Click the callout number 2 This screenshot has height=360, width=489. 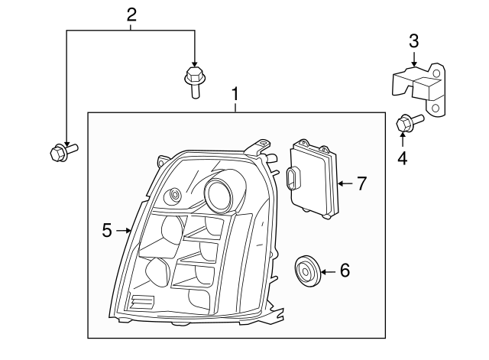(131, 14)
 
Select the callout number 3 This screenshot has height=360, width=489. (413, 40)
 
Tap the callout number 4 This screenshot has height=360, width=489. (402, 158)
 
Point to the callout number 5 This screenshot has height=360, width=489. (108, 229)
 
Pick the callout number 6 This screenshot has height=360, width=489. (345, 270)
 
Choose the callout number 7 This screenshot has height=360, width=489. (361, 183)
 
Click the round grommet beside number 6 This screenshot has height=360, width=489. (307, 271)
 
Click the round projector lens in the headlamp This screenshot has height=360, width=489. (222, 196)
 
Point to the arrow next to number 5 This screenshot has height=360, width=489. (125, 229)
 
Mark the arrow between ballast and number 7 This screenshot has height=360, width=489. (345, 183)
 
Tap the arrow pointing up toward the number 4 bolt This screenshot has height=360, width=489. (402, 138)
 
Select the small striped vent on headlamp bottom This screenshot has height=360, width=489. (142, 301)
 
